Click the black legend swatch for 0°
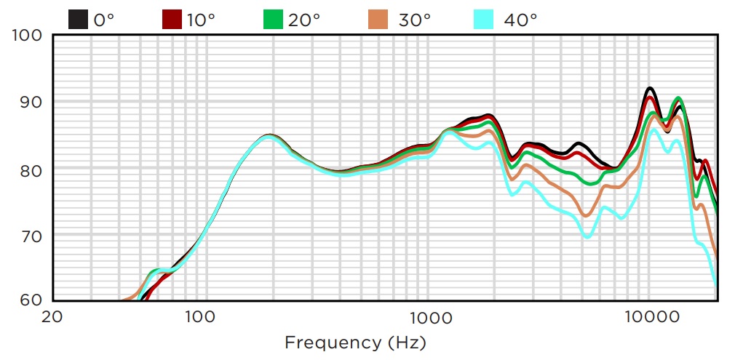[x=79, y=19]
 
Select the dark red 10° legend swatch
[x=172, y=19]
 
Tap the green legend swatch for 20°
[x=273, y=19]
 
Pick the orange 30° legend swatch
[x=378, y=19]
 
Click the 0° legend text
[x=104, y=20]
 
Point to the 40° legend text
[x=520, y=20]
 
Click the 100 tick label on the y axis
[x=27, y=36]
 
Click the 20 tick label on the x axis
[x=51, y=316]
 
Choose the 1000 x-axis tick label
[x=429, y=316]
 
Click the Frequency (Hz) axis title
[x=355, y=342]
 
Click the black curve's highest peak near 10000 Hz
[x=650, y=89]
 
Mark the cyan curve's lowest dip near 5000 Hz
[x=587, y=236]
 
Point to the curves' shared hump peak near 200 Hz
[x=269, y=136]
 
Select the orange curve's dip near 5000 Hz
[x=585, y=215]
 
